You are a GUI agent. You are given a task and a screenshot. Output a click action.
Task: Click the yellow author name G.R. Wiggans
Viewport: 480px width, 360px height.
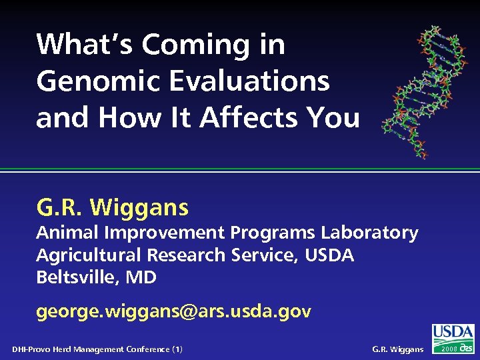[x=113, y=208]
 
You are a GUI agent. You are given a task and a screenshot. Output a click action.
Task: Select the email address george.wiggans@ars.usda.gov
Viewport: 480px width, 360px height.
[x=173, y=311]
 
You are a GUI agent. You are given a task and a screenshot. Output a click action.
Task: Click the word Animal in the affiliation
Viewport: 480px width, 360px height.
[x=67, y=233]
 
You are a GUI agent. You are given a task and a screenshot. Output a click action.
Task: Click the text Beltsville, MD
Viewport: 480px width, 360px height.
[x=96, y=277]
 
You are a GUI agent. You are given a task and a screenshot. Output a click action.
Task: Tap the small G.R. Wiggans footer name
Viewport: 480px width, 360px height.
[x=397, y=349]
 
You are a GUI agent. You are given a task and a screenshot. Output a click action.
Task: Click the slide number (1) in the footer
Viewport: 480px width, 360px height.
[x=177, y=349]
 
